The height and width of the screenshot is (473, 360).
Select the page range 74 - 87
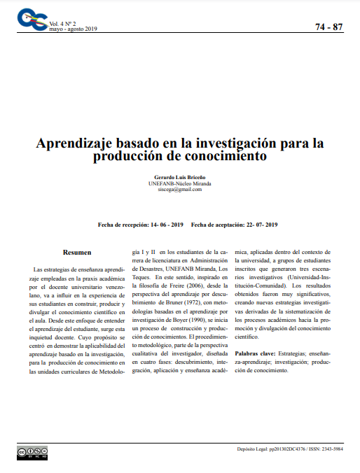pyautogui.click(x=328, y=27)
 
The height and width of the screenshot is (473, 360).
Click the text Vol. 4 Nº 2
pyautogui.click(x=62, y=23)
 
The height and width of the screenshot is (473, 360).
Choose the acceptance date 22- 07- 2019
pyautogui.click(x=252, y=225)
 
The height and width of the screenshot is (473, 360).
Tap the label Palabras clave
pyautogui.click(x=255, y=355)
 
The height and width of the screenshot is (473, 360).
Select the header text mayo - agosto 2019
pyautogui.click(x=74, y=29)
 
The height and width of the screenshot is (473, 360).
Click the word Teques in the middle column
pyautogui.click(x=141, y=278)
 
